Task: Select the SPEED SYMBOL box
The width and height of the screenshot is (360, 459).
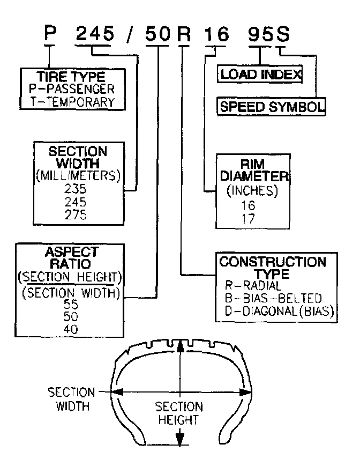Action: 272,106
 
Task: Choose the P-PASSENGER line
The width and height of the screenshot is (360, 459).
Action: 76,89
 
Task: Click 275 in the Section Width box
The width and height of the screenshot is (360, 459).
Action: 75,214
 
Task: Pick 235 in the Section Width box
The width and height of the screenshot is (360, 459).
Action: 75,189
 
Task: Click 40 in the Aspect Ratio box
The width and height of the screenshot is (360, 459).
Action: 70,329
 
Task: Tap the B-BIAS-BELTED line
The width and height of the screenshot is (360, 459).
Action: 273,298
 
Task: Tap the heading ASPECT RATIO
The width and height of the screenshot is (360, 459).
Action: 72,257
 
